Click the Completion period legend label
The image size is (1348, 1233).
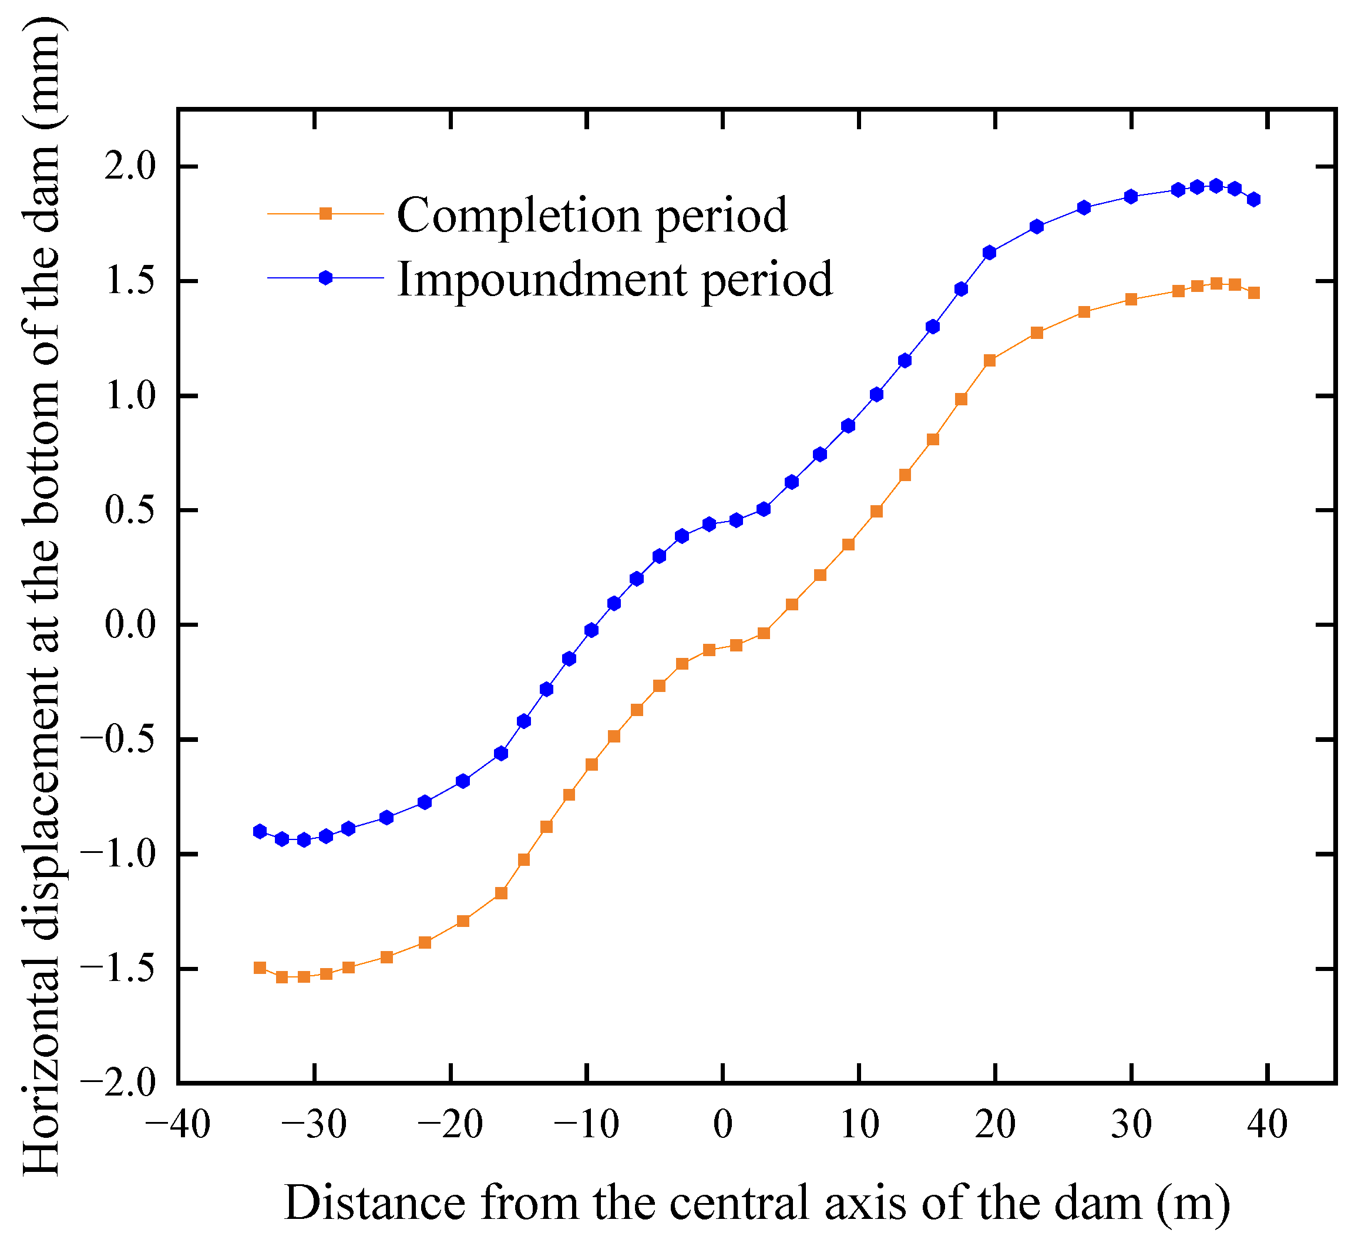(591, 216)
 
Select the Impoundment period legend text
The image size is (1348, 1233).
(614, 280)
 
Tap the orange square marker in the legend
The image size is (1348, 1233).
(325, 214)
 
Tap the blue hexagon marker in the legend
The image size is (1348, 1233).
(325, 278)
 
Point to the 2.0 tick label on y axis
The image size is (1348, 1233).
(139, 166)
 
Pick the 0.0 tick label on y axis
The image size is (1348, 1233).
(139, 625)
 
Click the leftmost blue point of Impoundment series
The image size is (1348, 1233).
(260, 832)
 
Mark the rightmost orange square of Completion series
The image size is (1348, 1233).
(1253, 293)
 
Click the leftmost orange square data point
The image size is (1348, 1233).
(260, 968)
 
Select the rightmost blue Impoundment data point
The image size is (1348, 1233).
(1253, 199)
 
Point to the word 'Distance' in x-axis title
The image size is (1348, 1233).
(375, 1202)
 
